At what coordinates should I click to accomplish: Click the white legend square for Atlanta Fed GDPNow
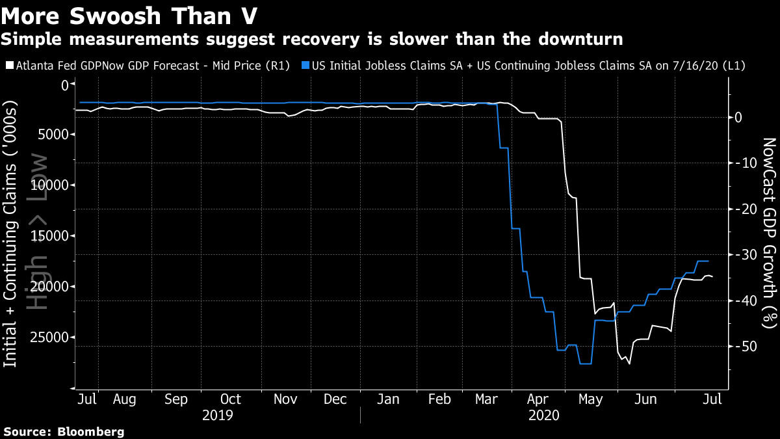pyautogui.click(x=10, y=66)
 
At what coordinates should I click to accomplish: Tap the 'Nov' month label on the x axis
pyautogui.click(x=285, y=399)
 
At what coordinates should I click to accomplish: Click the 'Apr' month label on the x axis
pyautogui.click(x=538, y=399)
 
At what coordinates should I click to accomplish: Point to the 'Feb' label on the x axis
pyautogui.click(x=440, y=399)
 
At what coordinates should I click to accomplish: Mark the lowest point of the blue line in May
pyautogui.click(x=585, y=364)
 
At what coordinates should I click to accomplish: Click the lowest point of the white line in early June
pyautogui.click(x=629, y=364)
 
